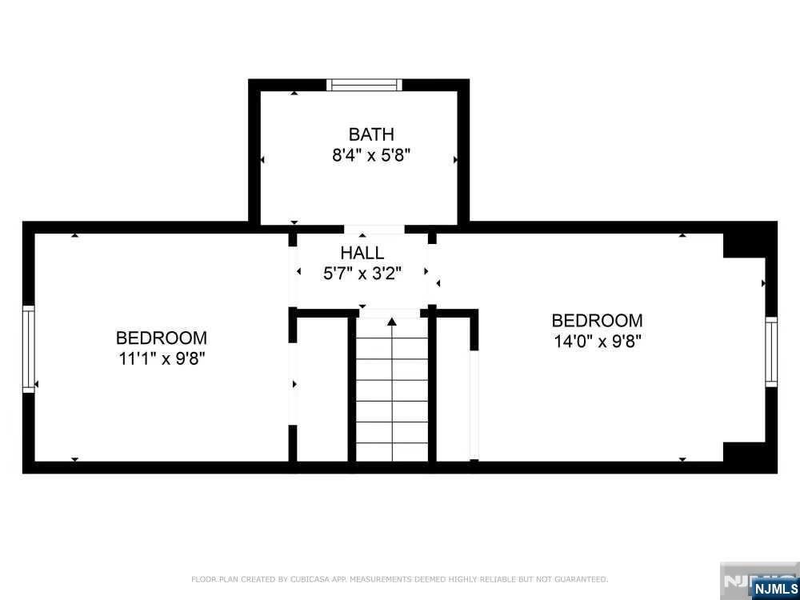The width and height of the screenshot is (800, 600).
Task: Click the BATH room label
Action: pyautogui.click(x=370, y=134)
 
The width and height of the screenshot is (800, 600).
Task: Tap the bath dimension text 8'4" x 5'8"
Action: pyautogui.click(x=370, y=155)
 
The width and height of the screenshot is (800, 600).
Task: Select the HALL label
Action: pyautogui.click(x=362, y=253)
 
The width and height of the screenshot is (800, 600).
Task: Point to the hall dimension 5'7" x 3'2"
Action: pyautogui.click(x=362, y=273)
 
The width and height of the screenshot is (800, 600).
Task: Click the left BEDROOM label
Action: pyautogui.click(x=161, y=338)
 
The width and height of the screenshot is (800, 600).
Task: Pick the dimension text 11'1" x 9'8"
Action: pyautogui.click(x=161, y=358)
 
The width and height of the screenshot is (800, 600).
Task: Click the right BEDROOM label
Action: pyautogui.click(x=597, y=321)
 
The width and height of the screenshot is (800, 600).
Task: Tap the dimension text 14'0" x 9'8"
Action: pyautogui.click(x=597, y=341)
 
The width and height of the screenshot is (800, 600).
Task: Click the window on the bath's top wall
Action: pyautogui.click(x=364, y=85)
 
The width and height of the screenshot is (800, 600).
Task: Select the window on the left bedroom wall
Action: pyautogui.click(x=29, y=349)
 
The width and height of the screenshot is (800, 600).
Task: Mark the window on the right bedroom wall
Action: pyautogui.click(x=771, y=352)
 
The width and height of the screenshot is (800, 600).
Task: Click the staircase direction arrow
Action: pyautogui.click(x=392, y=322)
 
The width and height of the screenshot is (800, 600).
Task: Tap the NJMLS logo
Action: pyautogui.click(x=774, y=588)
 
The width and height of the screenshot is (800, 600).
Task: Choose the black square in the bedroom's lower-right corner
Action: pyautogui.click(x=744, y=452)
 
